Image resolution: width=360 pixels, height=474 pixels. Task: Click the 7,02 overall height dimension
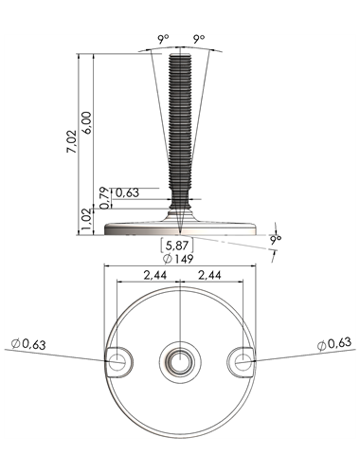tap(72, 141)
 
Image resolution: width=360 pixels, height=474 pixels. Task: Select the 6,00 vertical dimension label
tap(87, 122)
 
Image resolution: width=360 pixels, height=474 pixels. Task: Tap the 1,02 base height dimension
tap(87, 220)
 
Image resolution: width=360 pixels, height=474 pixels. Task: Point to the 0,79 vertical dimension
tap(105, 198)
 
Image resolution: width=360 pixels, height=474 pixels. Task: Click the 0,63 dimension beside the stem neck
tap(127, 192)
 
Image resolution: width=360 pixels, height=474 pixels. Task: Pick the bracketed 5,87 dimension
tap(177, 246)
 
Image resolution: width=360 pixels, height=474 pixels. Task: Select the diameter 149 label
tap(177, 259)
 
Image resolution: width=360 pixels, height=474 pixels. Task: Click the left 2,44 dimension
tap(155, 275)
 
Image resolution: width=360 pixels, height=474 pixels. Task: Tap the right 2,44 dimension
tap(209, 275)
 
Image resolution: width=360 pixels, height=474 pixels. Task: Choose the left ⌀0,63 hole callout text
tap(28, 344)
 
